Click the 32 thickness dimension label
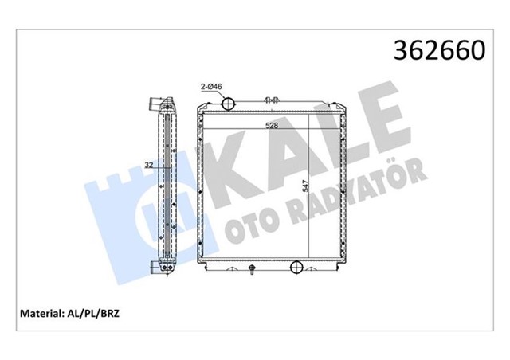[148, 166]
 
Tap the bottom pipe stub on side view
[151, 266]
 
